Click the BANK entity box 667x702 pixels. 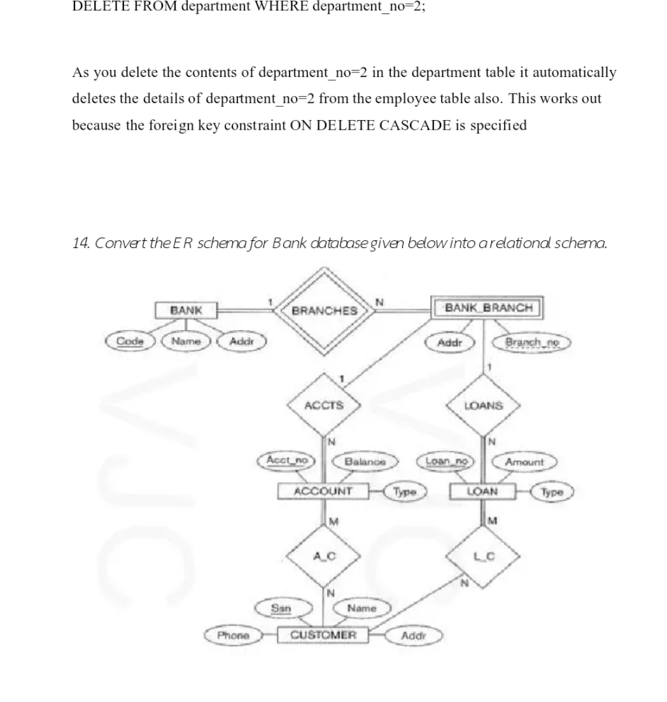pos(186,310)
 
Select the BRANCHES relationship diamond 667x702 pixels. pos(324,310)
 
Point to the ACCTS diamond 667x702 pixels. pos(324,405)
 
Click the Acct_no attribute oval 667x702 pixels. pos(288,460)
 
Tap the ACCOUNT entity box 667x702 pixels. pos(323,492)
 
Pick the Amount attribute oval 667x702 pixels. pos(524,462)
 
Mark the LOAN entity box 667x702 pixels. pos(483,492)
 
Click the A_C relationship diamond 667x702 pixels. pos(324,554)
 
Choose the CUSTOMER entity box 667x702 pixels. pos(323,635)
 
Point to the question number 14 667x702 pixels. pos(80,243)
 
